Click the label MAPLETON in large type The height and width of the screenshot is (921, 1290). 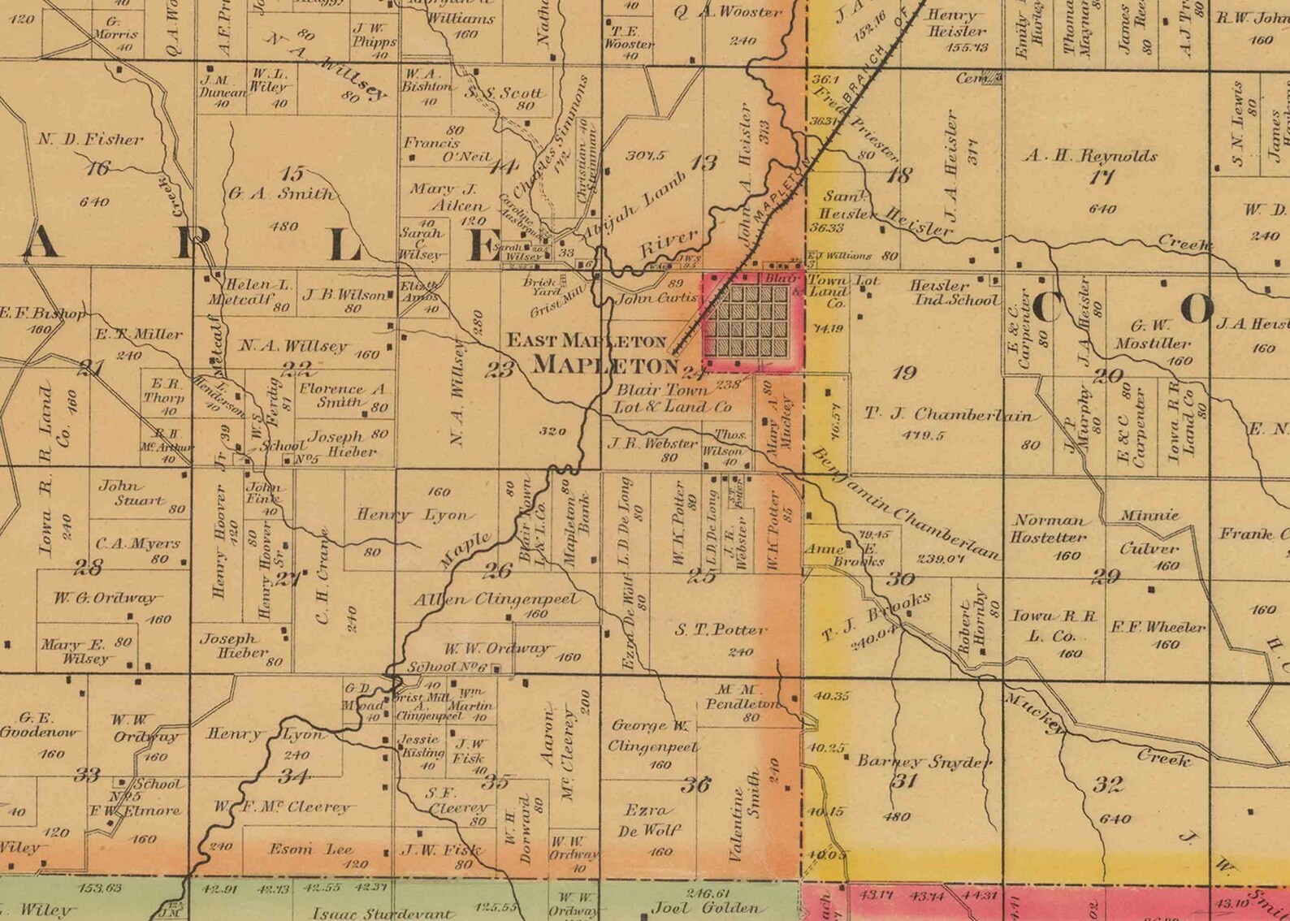click(x=604, y=365)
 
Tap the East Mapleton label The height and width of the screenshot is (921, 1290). click(x=587, y=340)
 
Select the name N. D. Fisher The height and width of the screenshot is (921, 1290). click(x=90, y=140)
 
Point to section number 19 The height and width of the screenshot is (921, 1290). click(x=903, y=373)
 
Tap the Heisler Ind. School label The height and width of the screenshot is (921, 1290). click(x=953, y=293)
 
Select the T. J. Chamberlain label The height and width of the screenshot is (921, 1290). click(x=950, y=415)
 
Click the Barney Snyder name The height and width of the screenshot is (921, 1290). click(x=924, y=762)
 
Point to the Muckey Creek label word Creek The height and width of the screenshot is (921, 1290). click(x=1163, y=758)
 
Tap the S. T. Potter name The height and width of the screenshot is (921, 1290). click(x=720, y=629)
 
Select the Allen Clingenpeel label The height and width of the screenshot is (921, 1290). click(x=497, y=599)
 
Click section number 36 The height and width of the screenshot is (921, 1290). click(x=696, y=784)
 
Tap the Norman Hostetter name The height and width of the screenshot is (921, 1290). click(x=1048, y=529)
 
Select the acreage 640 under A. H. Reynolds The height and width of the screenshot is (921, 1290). click(x=1102, y=209)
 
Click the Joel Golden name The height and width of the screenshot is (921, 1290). click(x=709, y=908)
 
